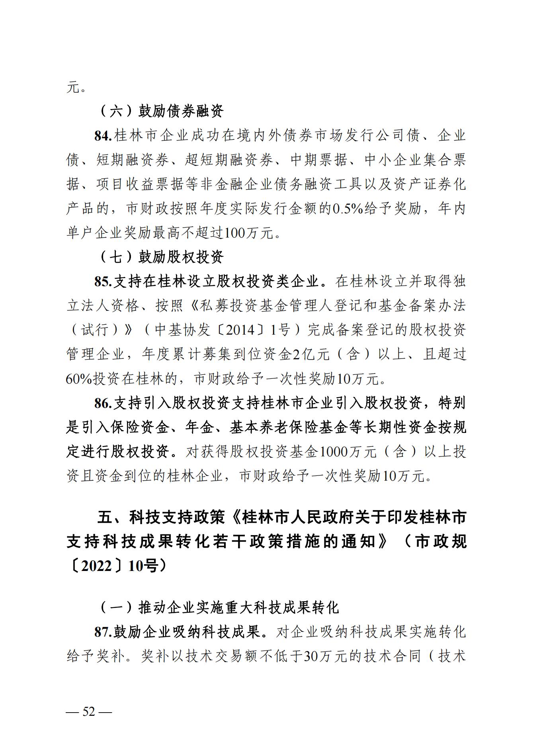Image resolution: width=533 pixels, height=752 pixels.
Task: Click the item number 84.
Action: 103,136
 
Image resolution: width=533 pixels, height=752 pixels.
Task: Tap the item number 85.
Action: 103,282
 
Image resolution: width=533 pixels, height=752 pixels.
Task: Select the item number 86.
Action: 103,403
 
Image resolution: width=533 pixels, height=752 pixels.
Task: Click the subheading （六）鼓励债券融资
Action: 161,111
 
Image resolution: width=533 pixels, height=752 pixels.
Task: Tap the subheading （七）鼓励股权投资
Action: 161,257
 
